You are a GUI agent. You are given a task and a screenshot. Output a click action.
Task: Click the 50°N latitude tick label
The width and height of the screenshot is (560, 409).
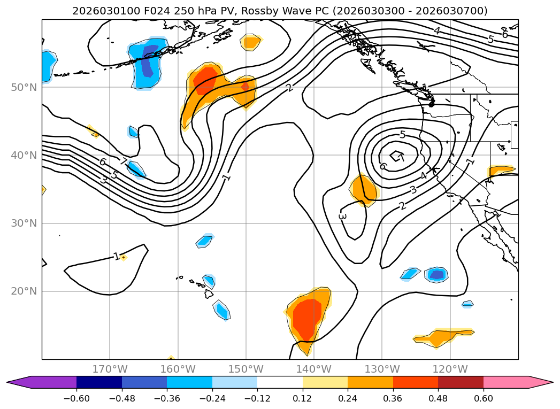24,88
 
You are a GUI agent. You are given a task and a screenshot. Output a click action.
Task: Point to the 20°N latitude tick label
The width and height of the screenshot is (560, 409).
24,291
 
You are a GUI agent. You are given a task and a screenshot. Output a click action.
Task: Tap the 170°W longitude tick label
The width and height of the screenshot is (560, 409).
110,369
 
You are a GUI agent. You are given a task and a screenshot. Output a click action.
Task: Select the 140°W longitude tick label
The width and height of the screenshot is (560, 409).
314,369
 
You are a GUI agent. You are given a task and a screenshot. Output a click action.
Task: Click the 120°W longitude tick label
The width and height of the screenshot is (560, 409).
450,369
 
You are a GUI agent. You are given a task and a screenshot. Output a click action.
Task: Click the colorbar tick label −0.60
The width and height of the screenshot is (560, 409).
76,398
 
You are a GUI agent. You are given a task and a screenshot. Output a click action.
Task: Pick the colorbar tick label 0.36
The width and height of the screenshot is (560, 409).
393,398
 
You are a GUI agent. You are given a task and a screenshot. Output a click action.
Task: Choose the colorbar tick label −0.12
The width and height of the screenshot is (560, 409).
257,398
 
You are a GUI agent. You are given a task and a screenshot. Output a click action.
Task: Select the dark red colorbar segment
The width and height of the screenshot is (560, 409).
461,382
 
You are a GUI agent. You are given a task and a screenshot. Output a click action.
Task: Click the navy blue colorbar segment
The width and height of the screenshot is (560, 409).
99,382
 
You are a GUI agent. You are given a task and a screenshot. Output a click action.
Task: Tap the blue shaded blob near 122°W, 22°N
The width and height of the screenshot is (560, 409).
437,274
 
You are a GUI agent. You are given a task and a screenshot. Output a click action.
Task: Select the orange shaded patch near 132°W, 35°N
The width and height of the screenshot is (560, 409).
364,190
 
